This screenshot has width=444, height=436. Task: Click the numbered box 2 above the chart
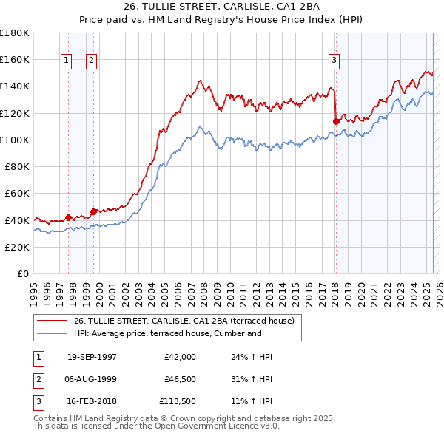pos(92,61)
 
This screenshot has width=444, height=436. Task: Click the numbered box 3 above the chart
pos(334,61)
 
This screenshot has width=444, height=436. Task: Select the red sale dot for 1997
pos(69,217)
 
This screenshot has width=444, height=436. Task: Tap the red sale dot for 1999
pos(93,211)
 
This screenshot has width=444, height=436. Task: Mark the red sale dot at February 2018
pos(336,121)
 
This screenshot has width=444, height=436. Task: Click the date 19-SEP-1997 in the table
pos(92,357)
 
